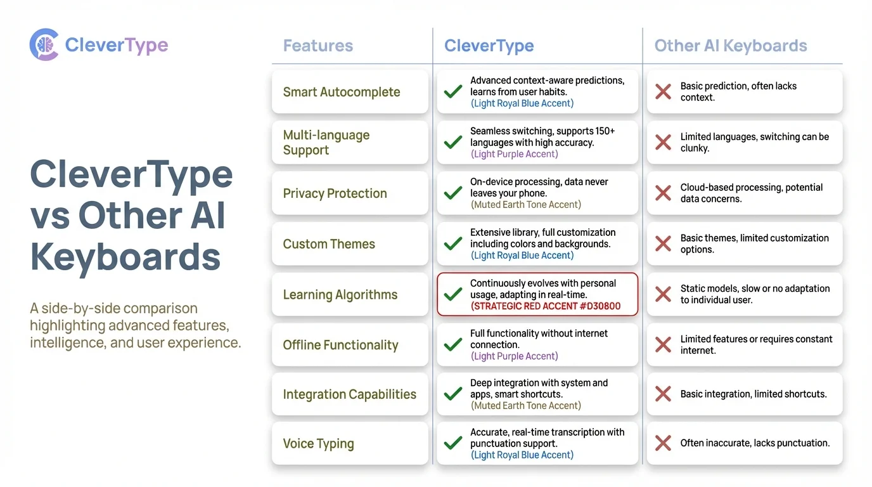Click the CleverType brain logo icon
44,45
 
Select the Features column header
317,46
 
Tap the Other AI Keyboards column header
730,46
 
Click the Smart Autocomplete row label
341,92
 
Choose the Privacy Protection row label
335,193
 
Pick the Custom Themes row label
329,244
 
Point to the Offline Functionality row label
340,345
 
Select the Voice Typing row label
318,443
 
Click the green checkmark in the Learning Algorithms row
453,294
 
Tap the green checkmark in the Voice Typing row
453,443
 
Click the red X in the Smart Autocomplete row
663,92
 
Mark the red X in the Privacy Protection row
663,193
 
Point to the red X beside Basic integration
663,394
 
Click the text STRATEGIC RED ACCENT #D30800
546,306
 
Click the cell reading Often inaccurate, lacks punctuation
755,443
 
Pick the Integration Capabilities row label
349,394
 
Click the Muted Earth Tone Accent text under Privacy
525,205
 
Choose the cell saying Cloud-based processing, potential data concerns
752,193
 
